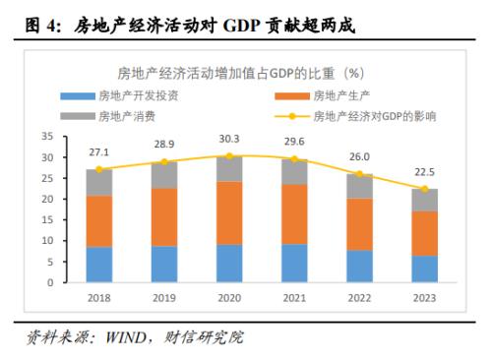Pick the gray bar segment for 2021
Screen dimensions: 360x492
click(x=295, y=171)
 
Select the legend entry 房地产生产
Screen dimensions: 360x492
click(x=343, y=95)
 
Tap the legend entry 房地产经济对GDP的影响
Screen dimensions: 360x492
click(x=374, y=115)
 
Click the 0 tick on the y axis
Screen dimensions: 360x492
click(x=50, y=282)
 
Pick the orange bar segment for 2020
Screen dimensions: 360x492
click(x=230, y=212)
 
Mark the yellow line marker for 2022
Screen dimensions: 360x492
click(x=361, y=174)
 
